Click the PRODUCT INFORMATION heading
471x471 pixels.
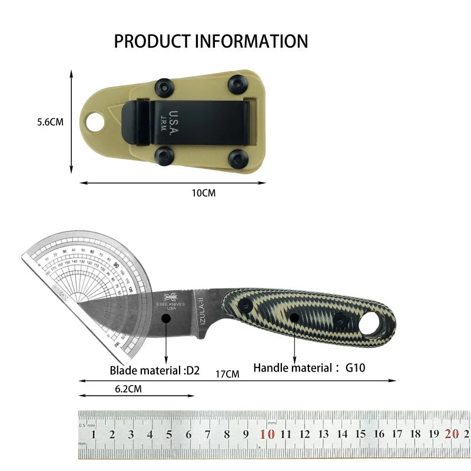coord(211,41)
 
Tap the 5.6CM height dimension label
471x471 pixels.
coord(50,122)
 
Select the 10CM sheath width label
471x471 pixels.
coord(204,193)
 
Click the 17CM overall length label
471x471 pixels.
coord(227,374)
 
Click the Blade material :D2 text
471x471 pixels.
coord(155,370)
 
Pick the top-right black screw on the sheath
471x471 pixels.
coord(237,84)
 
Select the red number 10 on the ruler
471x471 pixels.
coord(268,434)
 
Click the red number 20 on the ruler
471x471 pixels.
coord(452,434)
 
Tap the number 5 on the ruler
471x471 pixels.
coord(169,434)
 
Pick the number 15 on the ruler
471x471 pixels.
coord(360,434)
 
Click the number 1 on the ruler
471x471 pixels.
coord(94,434)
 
